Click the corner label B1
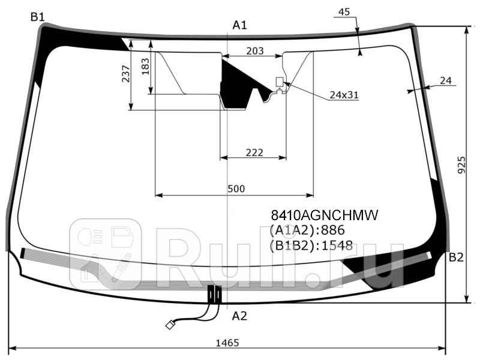[38, 17]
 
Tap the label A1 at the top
[240, 25]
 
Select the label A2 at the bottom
[239, 316]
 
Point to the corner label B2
[456, 258]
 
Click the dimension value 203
[255, 51]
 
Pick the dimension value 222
[254, 152]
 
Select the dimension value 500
[236, 189]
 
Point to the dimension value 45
[344, 12]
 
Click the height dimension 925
[461, 163]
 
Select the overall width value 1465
[227, 343]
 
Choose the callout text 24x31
[344, 95]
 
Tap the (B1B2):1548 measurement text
[311, 245]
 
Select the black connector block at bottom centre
[214, 294]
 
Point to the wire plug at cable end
[170, 325]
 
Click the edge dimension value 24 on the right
[445, 80]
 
